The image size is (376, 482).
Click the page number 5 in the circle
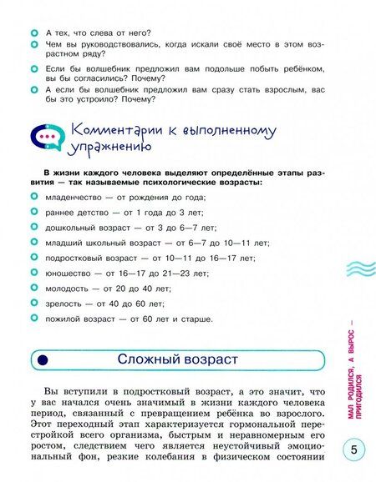click(x=353, y=451)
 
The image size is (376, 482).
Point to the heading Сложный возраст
click(x=178, y=359)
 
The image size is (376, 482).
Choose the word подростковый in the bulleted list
click(x=79, y=258)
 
